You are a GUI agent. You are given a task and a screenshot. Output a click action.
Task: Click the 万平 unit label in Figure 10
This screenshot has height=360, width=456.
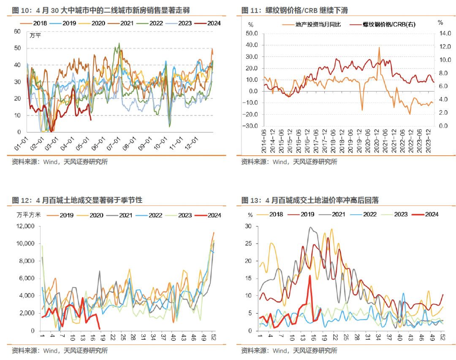point(35,35)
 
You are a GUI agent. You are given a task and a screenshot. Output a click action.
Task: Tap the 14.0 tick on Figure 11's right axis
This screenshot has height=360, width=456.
point(440,33)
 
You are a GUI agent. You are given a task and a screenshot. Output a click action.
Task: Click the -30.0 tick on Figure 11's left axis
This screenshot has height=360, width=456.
point(250,126)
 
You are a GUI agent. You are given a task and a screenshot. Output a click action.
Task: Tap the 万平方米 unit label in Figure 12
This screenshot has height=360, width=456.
point(29,215)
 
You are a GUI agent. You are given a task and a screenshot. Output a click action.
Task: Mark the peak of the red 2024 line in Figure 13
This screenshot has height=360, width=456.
point(310,276)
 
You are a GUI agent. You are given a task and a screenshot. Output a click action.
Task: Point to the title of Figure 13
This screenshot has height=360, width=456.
point(309,200)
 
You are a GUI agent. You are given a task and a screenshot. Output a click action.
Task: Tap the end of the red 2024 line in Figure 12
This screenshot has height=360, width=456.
point(99,329)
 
